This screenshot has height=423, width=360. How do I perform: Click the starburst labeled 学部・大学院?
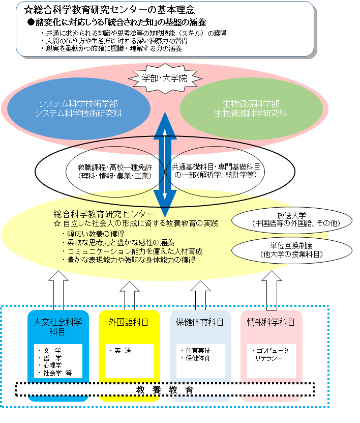pos(165,78)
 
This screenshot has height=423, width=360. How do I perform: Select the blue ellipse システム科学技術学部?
pos(78,108)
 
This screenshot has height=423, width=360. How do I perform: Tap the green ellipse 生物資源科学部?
pos(251,108)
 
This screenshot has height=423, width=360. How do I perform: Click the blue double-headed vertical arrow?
pos(165,164)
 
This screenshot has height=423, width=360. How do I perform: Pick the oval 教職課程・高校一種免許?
pos(115,172)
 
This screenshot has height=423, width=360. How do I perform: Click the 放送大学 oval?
pos(292,220)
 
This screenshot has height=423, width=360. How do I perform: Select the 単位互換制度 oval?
pos(292,250)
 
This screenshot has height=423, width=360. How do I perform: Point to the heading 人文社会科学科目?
pos(57,327)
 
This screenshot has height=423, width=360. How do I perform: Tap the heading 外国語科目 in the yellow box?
pos(129,322)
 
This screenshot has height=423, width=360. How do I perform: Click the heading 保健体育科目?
pos(200,322)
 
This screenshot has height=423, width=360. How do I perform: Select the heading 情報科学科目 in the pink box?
pos(271,322)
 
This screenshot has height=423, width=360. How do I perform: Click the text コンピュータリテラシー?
pos(271,354)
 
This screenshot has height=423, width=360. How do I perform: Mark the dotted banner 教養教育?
pos(165,389)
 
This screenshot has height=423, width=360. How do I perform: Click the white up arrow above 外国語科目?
pos(130,296)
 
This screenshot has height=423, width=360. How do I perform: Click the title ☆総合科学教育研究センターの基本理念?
pos(109,10)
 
